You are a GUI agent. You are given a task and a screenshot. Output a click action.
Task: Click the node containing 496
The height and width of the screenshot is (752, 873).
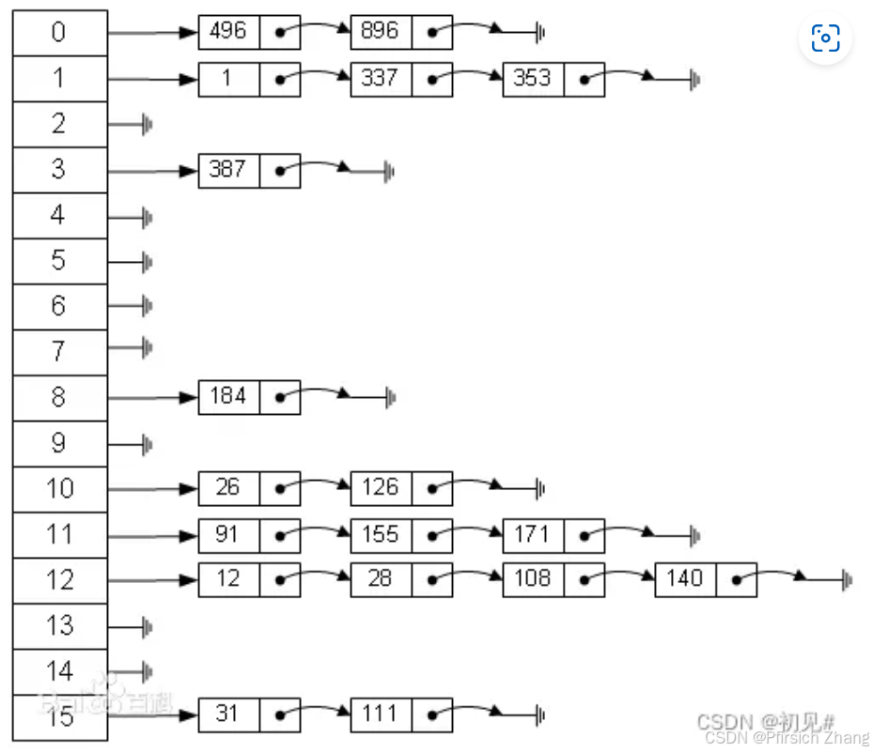(x=228, y=31)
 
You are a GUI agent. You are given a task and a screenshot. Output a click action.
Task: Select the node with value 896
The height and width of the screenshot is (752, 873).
(x=381, y=31)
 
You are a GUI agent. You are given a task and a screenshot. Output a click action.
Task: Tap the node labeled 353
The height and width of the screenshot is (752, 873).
(x=533, y=78)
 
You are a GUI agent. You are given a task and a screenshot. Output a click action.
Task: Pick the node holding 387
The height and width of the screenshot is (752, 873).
(x=228, y=170)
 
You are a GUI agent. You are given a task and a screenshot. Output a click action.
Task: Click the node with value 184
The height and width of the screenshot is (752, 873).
(x=228, y=396)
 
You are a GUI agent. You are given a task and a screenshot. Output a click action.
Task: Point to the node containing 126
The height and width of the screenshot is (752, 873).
(x=381, y=487)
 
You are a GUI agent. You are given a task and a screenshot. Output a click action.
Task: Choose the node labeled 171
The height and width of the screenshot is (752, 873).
(x=533, y=534)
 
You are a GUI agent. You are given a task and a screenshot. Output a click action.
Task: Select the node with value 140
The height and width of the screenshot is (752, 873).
(x=685, y=578)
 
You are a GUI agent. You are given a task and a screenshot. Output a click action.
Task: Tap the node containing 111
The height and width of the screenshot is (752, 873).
(x=381, y=714)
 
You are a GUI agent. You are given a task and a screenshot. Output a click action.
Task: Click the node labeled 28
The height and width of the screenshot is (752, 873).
(x=381, y=578)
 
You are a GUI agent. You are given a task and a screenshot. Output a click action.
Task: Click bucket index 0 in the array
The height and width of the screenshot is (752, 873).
(x=59, y=33)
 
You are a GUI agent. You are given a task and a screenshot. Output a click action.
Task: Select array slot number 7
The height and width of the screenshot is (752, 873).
(x=59, y=351)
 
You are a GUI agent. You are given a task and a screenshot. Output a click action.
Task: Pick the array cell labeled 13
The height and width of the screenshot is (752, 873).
(x=59, y=625)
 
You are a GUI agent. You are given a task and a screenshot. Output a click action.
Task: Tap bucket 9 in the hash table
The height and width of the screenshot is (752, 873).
(x=59, y=443)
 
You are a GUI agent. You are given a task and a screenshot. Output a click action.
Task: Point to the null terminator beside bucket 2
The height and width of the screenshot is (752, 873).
(x=147, y=124)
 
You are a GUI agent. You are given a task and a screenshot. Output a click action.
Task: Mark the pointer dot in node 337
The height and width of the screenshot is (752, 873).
(x=431, y=79)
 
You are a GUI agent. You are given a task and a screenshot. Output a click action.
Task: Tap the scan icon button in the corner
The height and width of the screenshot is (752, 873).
(x=825, y=38)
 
